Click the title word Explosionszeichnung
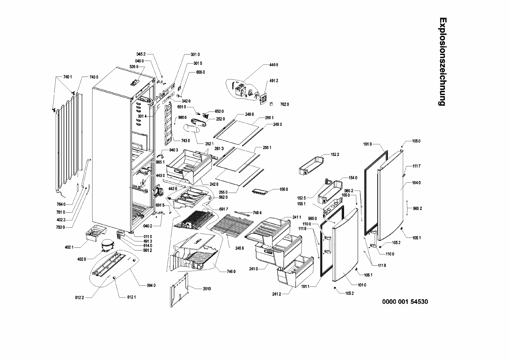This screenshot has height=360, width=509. pos(442,61)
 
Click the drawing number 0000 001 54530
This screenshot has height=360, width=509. pos(405,302)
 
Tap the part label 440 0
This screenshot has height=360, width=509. pos(274,65)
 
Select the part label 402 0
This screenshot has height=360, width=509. pos(81,259)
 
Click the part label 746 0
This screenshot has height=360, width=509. pos(231,272)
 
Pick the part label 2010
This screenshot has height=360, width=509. pos(207,289)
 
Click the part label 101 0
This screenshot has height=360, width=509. pos(362,285)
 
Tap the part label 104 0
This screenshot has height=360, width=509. pos(416,183)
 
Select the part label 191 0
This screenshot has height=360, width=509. pos(367,144)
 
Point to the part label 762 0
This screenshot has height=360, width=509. pos(284,104)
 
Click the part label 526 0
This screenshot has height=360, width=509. pos(134,67)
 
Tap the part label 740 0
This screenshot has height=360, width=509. pos(94,77)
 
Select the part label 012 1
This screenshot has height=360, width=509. pos(131,297)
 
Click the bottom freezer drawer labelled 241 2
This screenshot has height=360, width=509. pos(295,271)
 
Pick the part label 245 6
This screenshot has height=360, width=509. pos(240,248)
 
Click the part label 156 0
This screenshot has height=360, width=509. pos(284,190)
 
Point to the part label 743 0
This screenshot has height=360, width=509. pos(185,141)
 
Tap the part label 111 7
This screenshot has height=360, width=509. pos(416,166)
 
